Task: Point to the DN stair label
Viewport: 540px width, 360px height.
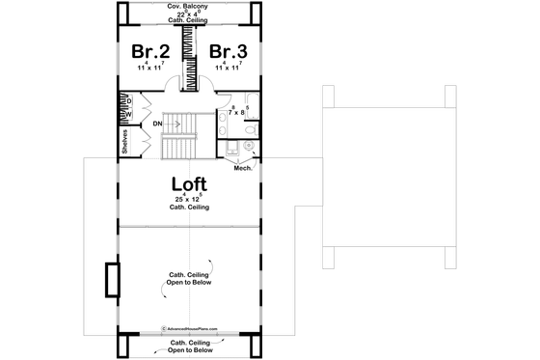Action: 156,124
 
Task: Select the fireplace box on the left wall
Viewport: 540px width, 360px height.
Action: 112,280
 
